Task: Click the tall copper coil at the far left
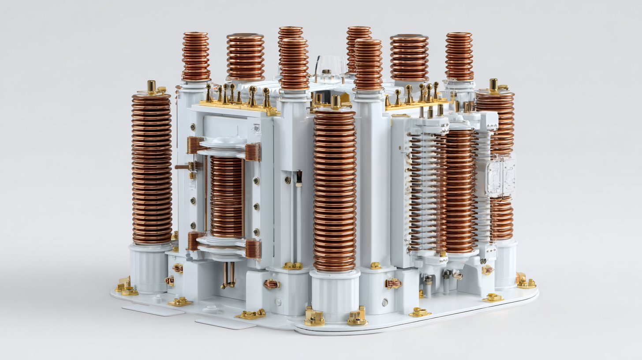pos(152,168)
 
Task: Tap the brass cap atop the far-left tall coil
pos(151,86)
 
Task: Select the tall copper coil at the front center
pos(335,190)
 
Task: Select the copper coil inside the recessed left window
pos(226,196)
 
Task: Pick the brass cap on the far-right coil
pos(494,84)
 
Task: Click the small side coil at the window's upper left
pos(194,145)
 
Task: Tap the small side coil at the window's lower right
pos(253,249)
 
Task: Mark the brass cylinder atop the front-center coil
pos(336,101)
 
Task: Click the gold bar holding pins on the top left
pos(238,106)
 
